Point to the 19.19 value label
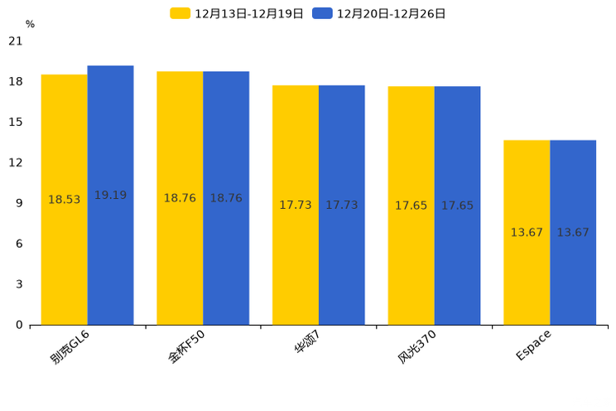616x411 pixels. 110,196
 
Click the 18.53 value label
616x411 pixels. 65,200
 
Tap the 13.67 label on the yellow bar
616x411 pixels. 527,233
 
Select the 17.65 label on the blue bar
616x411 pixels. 457,205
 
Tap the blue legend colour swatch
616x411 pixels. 322,13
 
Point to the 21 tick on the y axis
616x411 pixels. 16,41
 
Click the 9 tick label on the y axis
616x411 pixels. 19,203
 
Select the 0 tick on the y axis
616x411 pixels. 19,325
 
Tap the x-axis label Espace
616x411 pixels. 533,345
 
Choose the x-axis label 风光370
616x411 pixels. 417,347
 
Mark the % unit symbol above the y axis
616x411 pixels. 30,25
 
